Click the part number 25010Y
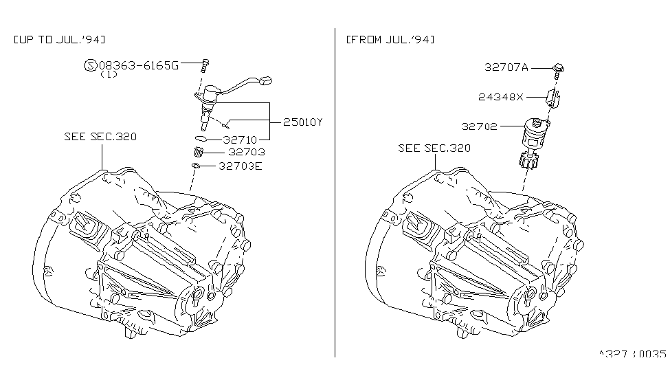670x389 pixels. point(302,122)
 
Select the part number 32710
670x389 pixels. point(240,140)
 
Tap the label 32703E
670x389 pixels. point(240,166)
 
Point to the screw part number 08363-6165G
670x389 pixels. point(139,65)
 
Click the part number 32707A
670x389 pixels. point(506,67)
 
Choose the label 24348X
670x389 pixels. point(500,97)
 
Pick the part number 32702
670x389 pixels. point(479,126)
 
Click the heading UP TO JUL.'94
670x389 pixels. point(59,40)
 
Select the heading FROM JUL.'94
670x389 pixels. point(390,40)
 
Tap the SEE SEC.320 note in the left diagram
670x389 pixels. point(100,136)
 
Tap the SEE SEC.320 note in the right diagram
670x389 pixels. point(434,148)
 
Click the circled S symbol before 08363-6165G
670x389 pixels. point(90,65)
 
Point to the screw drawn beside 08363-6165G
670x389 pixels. point(205,66)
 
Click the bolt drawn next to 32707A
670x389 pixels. point(558,71)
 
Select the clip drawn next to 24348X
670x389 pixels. point(552,97)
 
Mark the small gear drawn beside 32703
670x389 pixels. point(198,152)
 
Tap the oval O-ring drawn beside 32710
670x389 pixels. point(201,138)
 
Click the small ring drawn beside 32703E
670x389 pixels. point(196,166)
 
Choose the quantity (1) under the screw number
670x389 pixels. point(109,74)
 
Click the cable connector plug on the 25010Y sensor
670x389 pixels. point(265,80)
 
